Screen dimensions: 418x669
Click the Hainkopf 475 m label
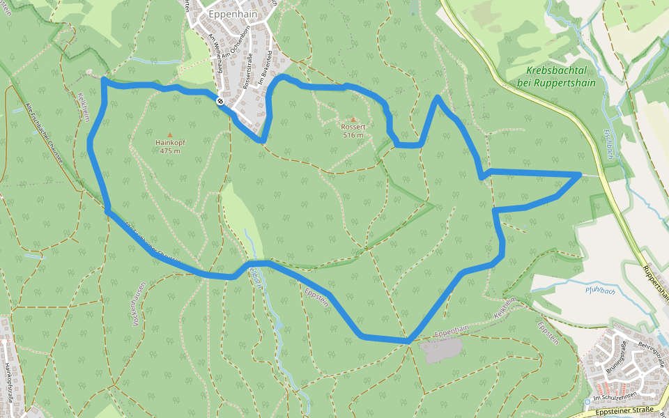click(170, 146)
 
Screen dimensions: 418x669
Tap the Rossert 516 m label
click(353, 131)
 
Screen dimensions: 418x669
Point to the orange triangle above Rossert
click(353, 120)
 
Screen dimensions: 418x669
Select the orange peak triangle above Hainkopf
click(169, 134)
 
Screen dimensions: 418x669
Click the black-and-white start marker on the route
click(220, 102)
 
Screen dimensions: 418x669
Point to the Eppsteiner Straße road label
click(626, 411)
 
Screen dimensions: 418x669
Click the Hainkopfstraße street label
click(8, 380)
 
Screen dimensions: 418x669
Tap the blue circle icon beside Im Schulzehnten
click(587, 401)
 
